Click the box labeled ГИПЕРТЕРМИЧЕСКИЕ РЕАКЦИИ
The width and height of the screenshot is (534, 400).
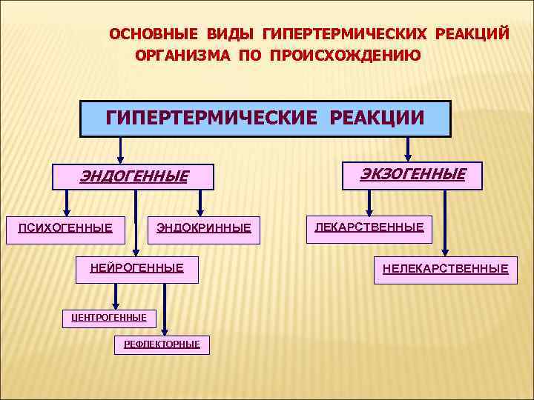265,119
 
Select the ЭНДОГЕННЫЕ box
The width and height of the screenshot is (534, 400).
133,176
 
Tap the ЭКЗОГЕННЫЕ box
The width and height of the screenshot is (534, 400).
412,175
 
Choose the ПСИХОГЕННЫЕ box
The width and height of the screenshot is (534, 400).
65,227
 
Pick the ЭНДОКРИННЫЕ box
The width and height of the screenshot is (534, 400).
203,227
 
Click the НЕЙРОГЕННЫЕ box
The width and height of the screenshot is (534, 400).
137,268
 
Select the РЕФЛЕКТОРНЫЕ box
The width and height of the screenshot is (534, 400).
162,344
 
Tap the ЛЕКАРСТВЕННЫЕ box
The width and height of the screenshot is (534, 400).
369,227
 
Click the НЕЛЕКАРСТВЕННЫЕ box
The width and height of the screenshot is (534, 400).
445,268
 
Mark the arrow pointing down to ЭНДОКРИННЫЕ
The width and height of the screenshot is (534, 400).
198,201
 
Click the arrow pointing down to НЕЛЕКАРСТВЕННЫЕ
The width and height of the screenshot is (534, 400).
444,222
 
